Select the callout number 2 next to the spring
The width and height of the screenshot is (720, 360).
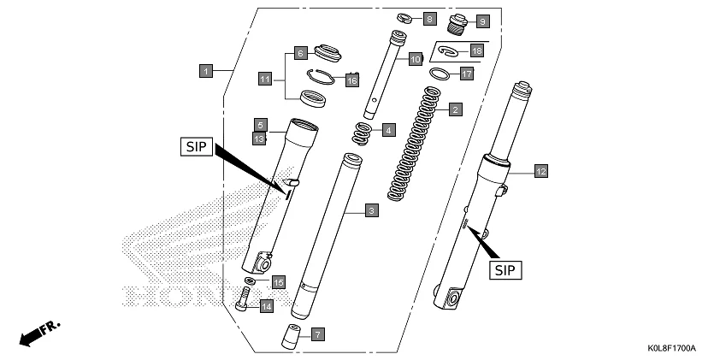coord(456,109)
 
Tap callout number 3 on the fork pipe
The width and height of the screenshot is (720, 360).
coord(370,210)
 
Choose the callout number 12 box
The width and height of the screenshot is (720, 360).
coord(540,171)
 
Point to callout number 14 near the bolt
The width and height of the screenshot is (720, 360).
coord(266,305)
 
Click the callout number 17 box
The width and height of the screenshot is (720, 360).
coord(466,74)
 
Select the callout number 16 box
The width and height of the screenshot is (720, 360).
coord(351,80)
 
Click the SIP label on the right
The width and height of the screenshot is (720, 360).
coord(506,270)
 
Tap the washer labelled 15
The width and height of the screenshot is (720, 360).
coord(250,280)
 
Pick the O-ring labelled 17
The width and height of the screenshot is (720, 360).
coord(438,74)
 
